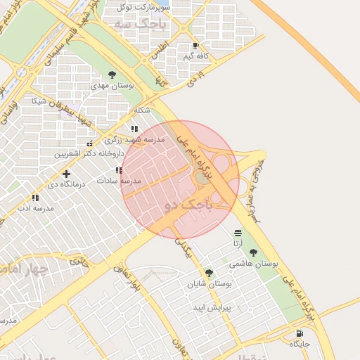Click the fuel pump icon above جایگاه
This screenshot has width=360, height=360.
click(x=300, y=333)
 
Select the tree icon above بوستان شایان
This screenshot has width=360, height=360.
click(x=209, y=273)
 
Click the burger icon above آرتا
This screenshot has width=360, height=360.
click(x=238, y=233)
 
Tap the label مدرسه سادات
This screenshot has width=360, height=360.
click(x=122, y=181)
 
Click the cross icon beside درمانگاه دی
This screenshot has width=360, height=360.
click(x=66, y=174)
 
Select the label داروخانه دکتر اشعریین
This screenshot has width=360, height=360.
click(x=91, y=153)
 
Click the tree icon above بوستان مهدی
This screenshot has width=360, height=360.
click(x=112, y=75)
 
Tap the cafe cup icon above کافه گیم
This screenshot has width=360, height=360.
click(x=195, y=46)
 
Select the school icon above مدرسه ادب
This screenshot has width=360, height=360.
click(x=35, y=198)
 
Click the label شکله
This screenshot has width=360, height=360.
click(x=141, y=110)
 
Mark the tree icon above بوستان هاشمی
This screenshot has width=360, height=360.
click(x=253, y=252)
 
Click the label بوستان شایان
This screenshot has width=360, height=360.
click(x=207, y=284)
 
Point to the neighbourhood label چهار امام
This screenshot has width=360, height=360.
click(x=25, y=269)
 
